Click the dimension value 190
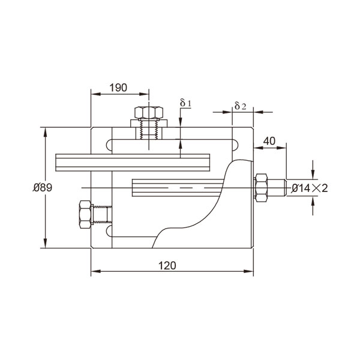119,88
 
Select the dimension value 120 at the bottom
169,266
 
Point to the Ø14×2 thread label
310,188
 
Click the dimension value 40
269,141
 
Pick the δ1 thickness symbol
185,103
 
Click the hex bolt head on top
148,113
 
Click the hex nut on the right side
262,189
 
